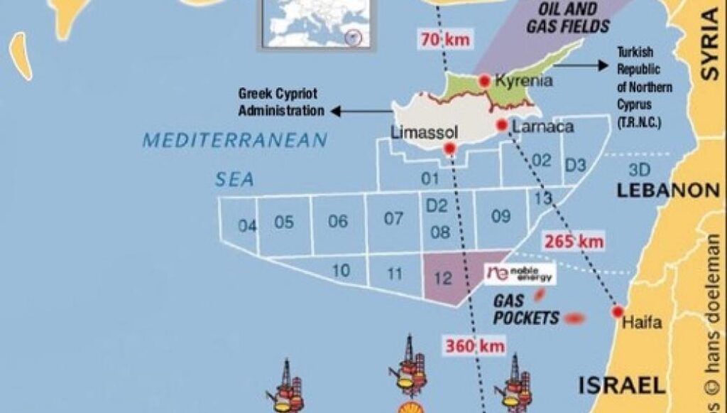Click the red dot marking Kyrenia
[485, 81]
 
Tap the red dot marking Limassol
[449, 148]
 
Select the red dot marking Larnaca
[501, 125]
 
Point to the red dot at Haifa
[618, 311]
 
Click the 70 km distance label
[445, 40]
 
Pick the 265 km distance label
[574, 242]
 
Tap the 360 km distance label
[475, 346]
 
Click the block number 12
[443, 277]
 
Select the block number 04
[247, 226]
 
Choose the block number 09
[501, 217]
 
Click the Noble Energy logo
[520, 274]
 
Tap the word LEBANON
[668, 191]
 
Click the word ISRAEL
[622, 386]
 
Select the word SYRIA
[709, 45]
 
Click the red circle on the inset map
[351, 38]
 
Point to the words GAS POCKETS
[527, 310]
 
